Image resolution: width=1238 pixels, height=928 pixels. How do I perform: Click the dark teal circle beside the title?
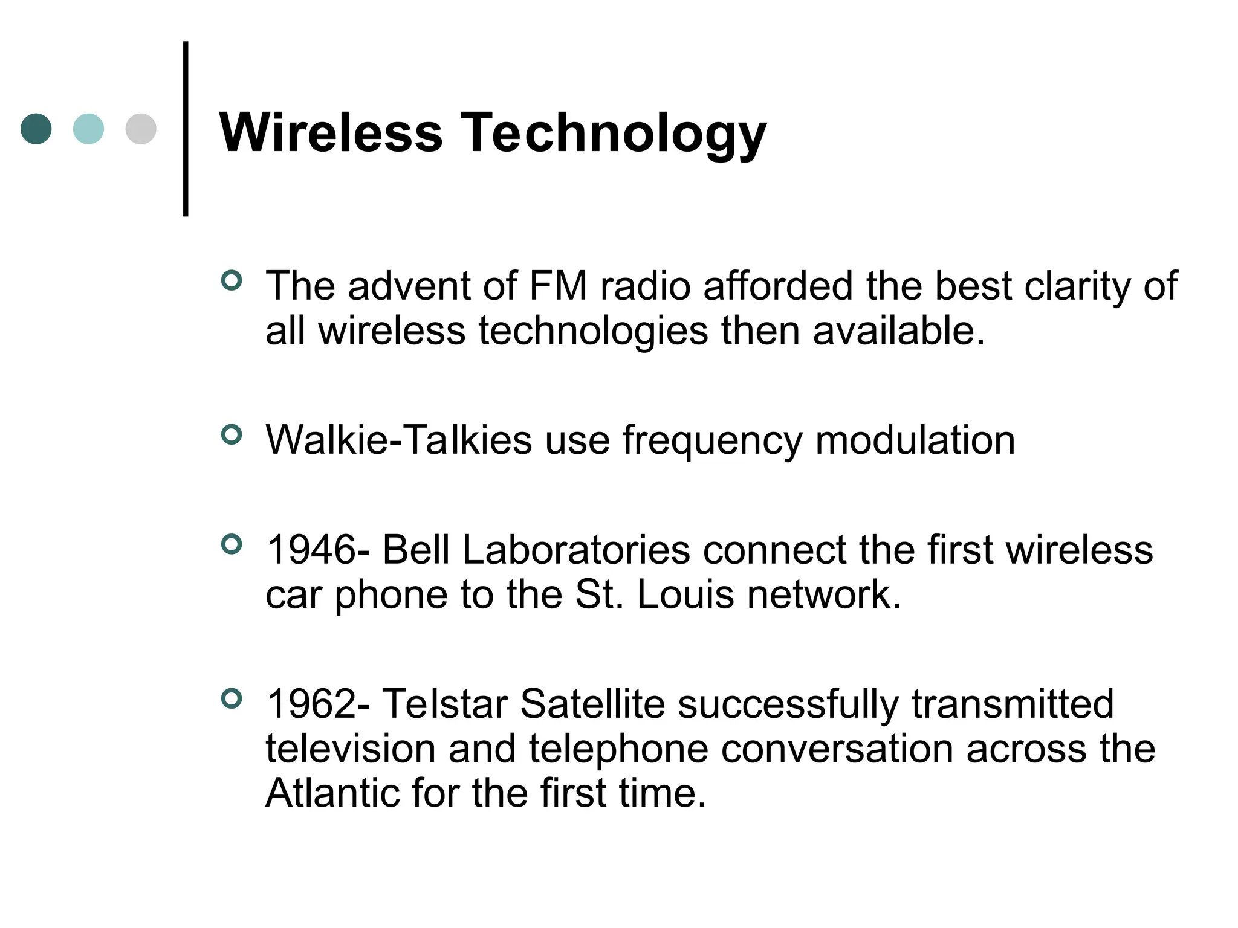pos(36,129)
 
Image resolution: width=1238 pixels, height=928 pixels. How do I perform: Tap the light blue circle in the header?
pos(88,129)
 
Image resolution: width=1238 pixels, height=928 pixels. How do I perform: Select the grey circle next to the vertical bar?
pos(141,129)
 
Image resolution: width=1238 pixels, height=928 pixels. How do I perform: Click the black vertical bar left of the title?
pos(186,129)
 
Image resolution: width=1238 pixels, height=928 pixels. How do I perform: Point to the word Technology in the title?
pos(614,134)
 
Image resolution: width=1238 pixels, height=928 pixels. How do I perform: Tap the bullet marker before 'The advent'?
pos(232,280)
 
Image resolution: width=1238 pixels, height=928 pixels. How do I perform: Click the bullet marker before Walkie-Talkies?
pos(232,434)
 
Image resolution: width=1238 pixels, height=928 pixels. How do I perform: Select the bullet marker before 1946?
pos(232,544)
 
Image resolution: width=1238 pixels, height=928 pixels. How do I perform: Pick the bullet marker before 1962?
pos(232,699)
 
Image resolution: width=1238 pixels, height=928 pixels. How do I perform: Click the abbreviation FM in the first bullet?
pos(557,286)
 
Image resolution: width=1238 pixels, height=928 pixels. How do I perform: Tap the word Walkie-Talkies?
pos(399,440)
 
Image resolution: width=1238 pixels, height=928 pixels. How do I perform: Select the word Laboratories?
pos(576,550)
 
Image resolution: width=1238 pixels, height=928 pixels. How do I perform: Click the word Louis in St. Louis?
pos(685,594)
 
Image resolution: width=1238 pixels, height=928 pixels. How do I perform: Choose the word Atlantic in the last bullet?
pos(332,793)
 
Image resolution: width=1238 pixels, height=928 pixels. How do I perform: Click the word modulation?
pos(915,440)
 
